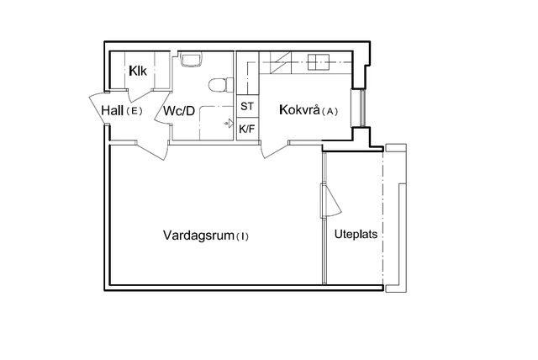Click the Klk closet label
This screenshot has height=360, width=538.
[139, 71]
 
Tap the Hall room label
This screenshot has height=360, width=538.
[113, 110]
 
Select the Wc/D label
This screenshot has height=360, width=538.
[179, 111]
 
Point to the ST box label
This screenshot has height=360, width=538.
[247, 107]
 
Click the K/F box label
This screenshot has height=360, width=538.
[247, 130]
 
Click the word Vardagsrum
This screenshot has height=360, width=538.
[198, 236]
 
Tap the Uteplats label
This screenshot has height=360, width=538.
[355, 234]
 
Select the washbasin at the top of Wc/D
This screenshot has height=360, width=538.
[191, 60]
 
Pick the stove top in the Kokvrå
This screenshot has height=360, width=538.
[319, 61]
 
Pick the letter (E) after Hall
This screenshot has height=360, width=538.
[134, 111]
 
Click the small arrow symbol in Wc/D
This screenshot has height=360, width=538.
[228, 124]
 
